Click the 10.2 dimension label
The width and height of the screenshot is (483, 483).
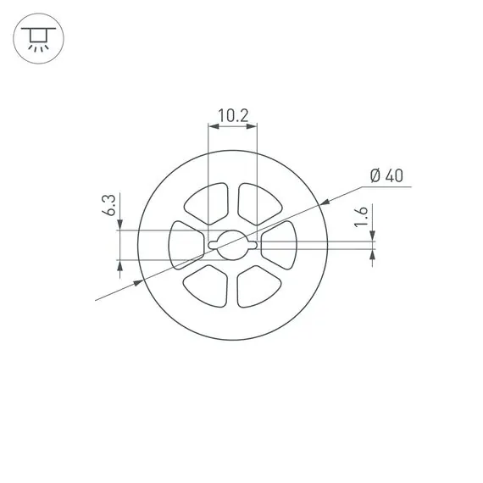pyautogui.click(x=233, y=115)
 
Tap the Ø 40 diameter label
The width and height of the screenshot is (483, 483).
pyautogui.click(x=386, y=175)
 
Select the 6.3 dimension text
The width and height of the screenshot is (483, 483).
pyautogui.click(x=108, y=205)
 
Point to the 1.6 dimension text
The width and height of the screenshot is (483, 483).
pyautogui.click(x=361, y=217)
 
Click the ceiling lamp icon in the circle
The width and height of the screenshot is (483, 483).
pyautogui.click(x=38, y=39)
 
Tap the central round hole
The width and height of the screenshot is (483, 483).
pyautogui.click(x=233, y=245)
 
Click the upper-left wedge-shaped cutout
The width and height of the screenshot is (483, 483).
pyautogui.click(x=207, y=203)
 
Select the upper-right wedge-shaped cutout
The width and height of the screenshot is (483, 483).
pyautogui.click(x=259, y=204)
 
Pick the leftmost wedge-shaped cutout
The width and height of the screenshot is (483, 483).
pyautogui.click(x=186, y=245)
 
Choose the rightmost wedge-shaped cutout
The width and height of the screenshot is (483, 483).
pyautogui.click(x=280, y=245)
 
